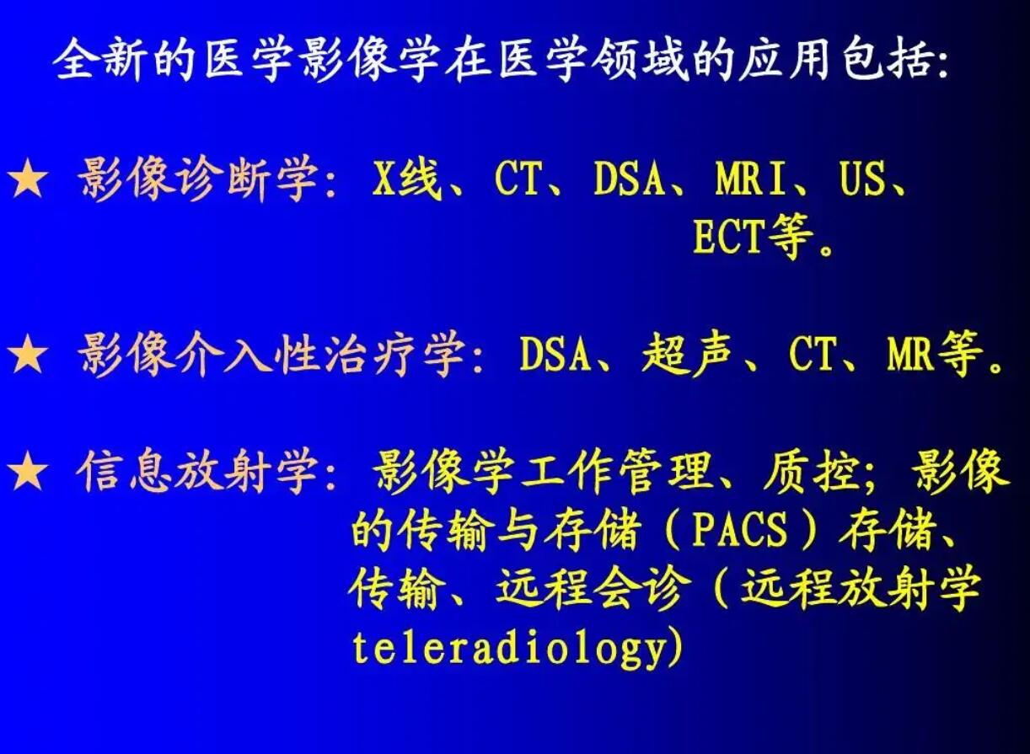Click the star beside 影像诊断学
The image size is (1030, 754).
coord(28,181)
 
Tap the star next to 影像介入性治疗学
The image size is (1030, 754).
coord(28,356)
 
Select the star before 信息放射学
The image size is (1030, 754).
coord(28,473)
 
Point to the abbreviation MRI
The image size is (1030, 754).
coord(752,179)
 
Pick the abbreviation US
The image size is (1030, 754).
coord(862,179)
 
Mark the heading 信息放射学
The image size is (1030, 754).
coord(198,473)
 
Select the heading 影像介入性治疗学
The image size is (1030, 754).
coord(271,356)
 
